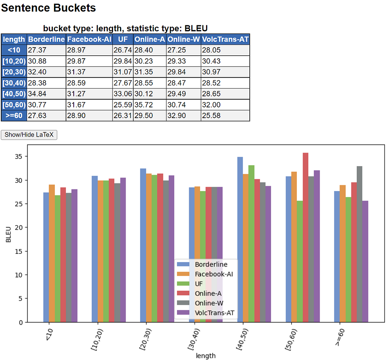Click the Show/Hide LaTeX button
[29, 134]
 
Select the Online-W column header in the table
[183, 39]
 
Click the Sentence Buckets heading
[49, 8]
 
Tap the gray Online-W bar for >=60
[360, 244]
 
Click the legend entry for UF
[199, 284]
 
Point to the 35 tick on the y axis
[19, 157]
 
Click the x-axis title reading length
[206, 355]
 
